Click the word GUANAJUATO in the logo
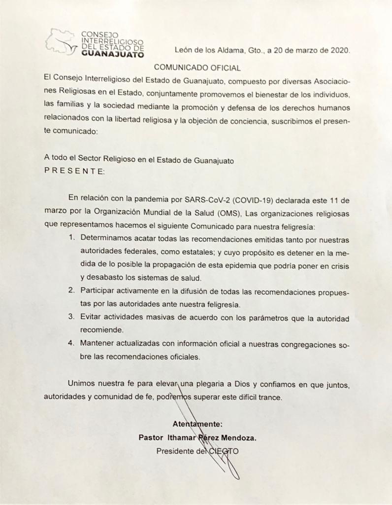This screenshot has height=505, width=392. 112,55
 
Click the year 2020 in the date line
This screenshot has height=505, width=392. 339,51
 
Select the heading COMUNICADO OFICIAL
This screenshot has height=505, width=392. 197,67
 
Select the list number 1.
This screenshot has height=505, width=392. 71,238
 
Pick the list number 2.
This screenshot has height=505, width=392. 71,290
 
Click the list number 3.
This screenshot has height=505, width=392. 71,316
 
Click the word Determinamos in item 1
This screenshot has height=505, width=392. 105,238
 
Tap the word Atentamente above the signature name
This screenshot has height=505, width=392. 197,424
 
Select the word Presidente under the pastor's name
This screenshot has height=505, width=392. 175,451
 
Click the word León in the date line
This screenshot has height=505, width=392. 184,51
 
